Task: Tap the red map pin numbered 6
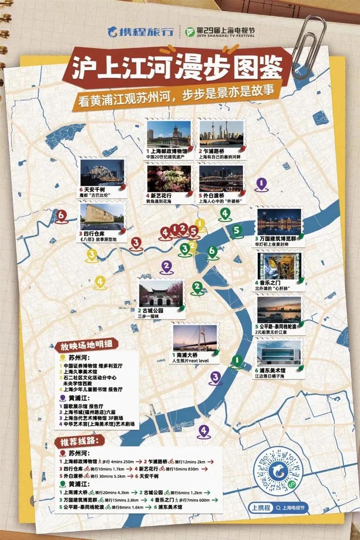click(61, 215)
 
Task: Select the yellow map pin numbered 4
click(100, 282)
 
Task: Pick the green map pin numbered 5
click(237, 230)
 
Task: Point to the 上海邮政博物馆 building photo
click(169, 135)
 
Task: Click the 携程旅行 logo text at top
click(141, 31)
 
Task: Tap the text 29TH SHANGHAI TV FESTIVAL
click(225, 36)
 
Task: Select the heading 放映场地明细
click(86, 345)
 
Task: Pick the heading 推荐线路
click(77, 442)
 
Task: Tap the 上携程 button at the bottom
click(261, 508)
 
